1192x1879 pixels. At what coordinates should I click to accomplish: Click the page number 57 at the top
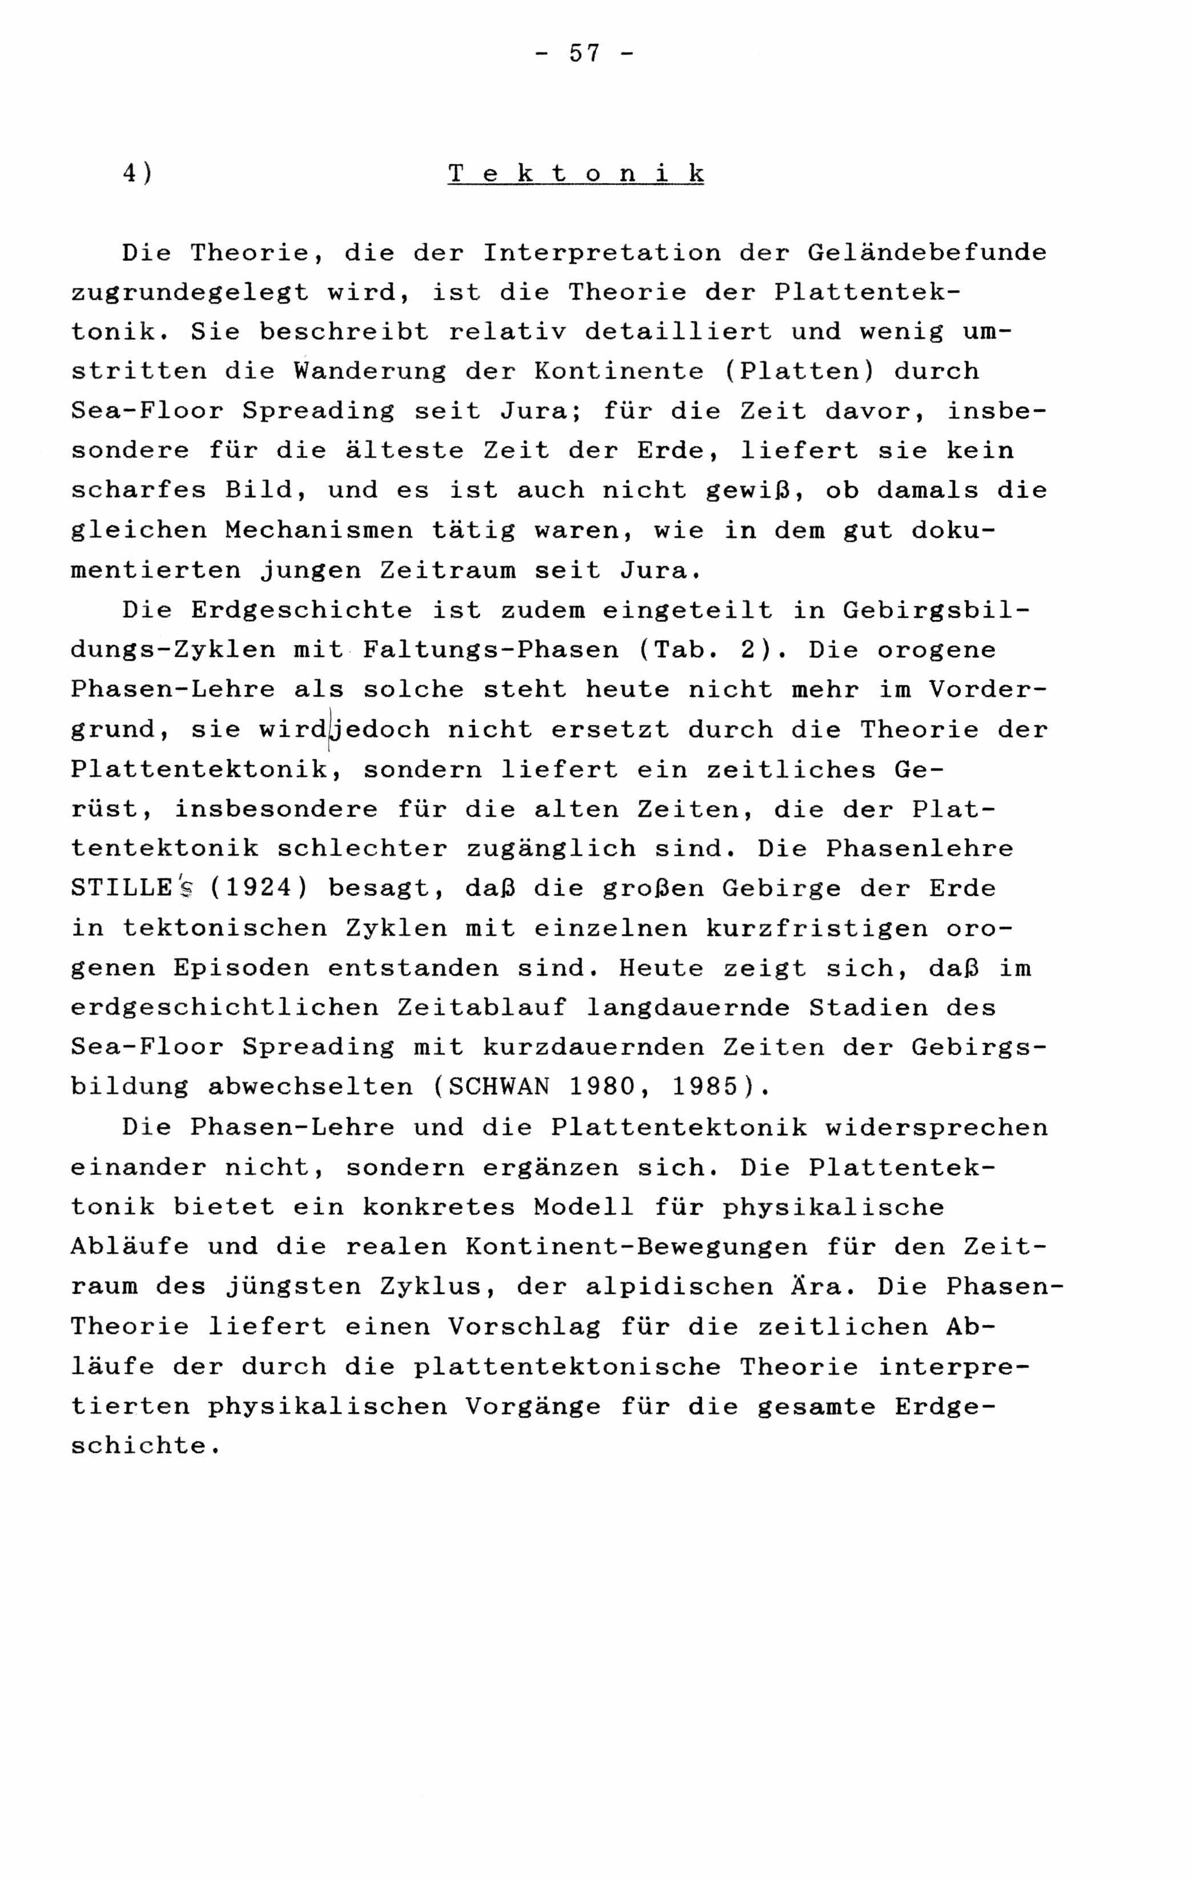(x=585, y=54)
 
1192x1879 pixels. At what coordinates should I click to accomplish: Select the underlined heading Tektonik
(x=575, y=173)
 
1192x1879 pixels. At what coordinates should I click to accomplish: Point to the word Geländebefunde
(x=927, y=253)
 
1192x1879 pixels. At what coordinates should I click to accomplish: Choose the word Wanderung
(x=370, y=372)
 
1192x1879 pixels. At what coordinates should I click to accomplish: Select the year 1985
(x=704, y=1087)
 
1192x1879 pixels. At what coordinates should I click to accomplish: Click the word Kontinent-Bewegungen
(x=636, y=1246)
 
